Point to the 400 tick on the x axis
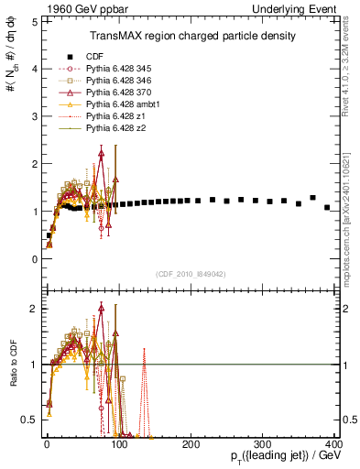(x=334, y=442)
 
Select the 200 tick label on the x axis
(x=191, y=442)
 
